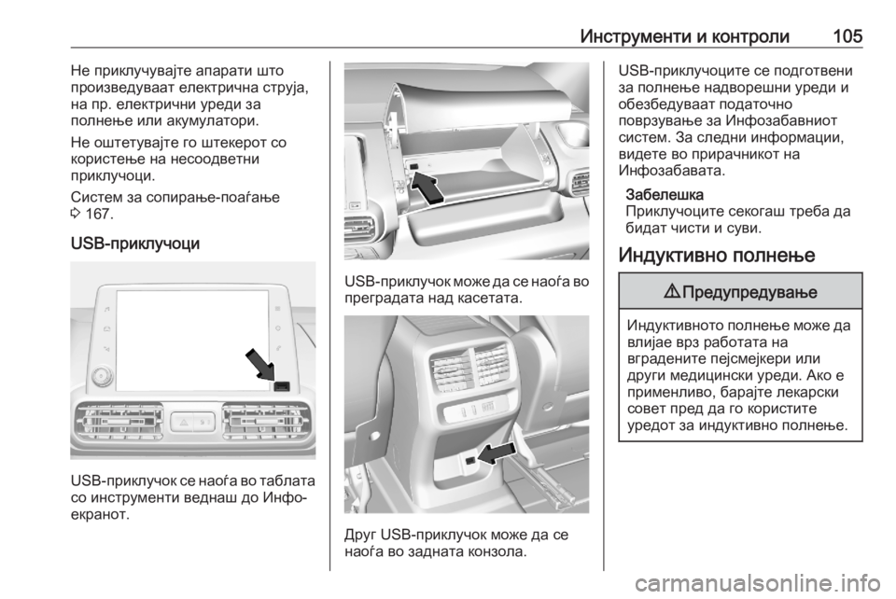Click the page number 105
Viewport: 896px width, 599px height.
click(847, 36)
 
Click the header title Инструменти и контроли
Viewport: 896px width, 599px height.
click(684, 37)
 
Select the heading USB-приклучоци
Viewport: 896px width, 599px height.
click(135, 244)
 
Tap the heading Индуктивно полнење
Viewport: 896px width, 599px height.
click(717, 254)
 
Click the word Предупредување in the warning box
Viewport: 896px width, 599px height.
click(749, 292)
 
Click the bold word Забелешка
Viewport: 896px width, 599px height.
click(665, 195)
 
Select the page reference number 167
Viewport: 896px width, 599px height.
click(98, 215)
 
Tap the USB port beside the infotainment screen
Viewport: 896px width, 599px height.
click(282, 386)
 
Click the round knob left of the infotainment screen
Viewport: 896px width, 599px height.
click(101, 375)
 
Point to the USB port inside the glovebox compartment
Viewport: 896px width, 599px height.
click(413, 166)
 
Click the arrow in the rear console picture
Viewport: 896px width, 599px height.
click(496, 454)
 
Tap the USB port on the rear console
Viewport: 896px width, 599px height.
click(469, 460)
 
